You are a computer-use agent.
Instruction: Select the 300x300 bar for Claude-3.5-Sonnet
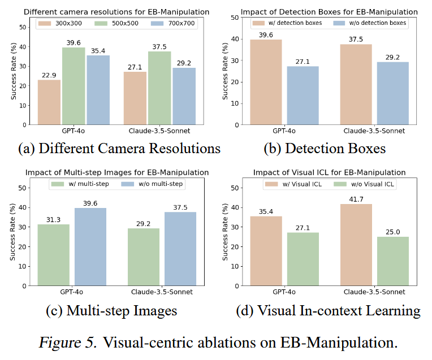(135, 97)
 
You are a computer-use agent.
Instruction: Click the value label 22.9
(49, 75)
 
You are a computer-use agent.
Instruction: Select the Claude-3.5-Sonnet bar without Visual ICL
(392, 261)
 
